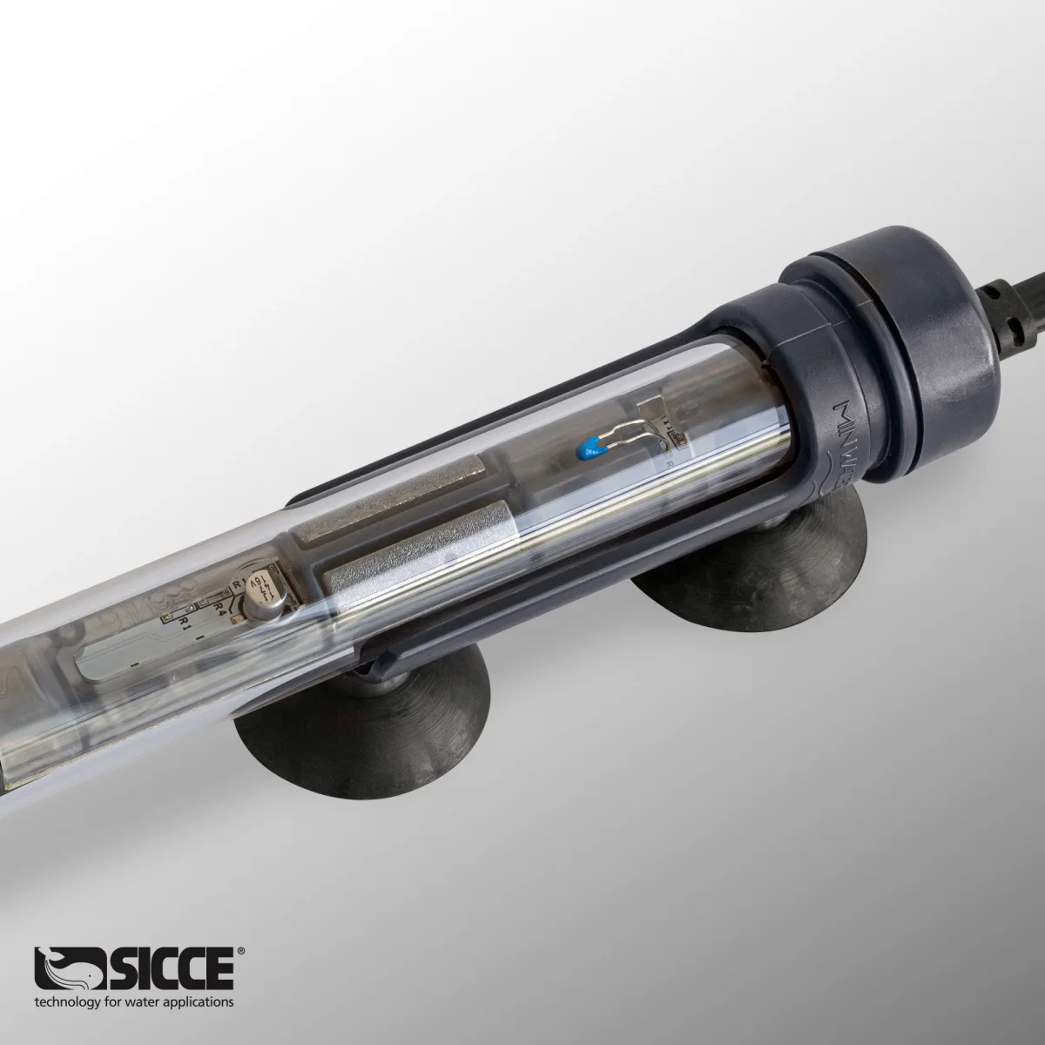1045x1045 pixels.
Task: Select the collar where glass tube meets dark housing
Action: point(766,366)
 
